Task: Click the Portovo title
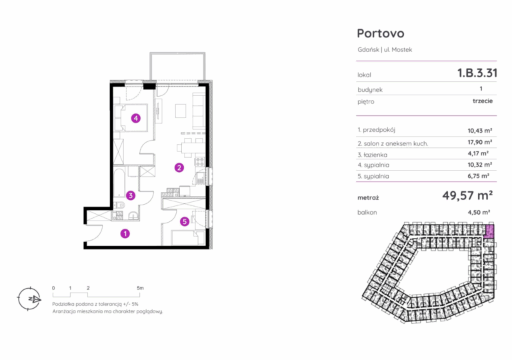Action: pos(381,33)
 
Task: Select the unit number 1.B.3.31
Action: pos(477,73)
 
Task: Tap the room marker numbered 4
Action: pos(136,118)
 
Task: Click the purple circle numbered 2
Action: pos(179,167)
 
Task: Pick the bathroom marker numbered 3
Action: pos(131,195)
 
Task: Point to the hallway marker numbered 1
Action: pos(125,233)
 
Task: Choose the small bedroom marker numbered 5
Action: pos(185,221)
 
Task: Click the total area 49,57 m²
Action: pos(467,195)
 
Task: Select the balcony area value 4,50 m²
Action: pos(479,213)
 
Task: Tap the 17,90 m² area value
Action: pos(480,142)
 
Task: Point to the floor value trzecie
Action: pos(483,101)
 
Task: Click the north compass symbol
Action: pos(30,299)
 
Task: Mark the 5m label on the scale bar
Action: pos(140,288)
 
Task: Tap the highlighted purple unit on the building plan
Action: pos(489,231)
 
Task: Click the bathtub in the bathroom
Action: pos(119,182)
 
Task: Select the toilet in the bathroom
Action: pos(119,205)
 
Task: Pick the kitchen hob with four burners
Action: pos(199,161)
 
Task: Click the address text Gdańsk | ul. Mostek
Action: pos(385,49)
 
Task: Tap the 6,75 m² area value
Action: pos(479,176)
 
